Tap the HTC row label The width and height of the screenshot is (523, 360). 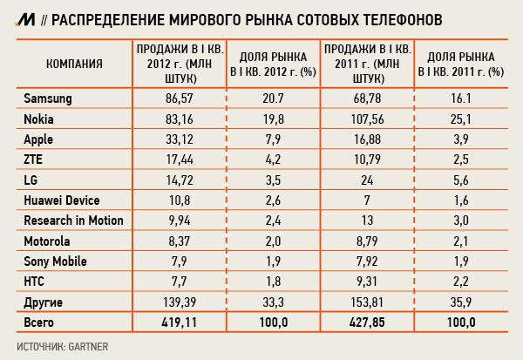tap(31, 282)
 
